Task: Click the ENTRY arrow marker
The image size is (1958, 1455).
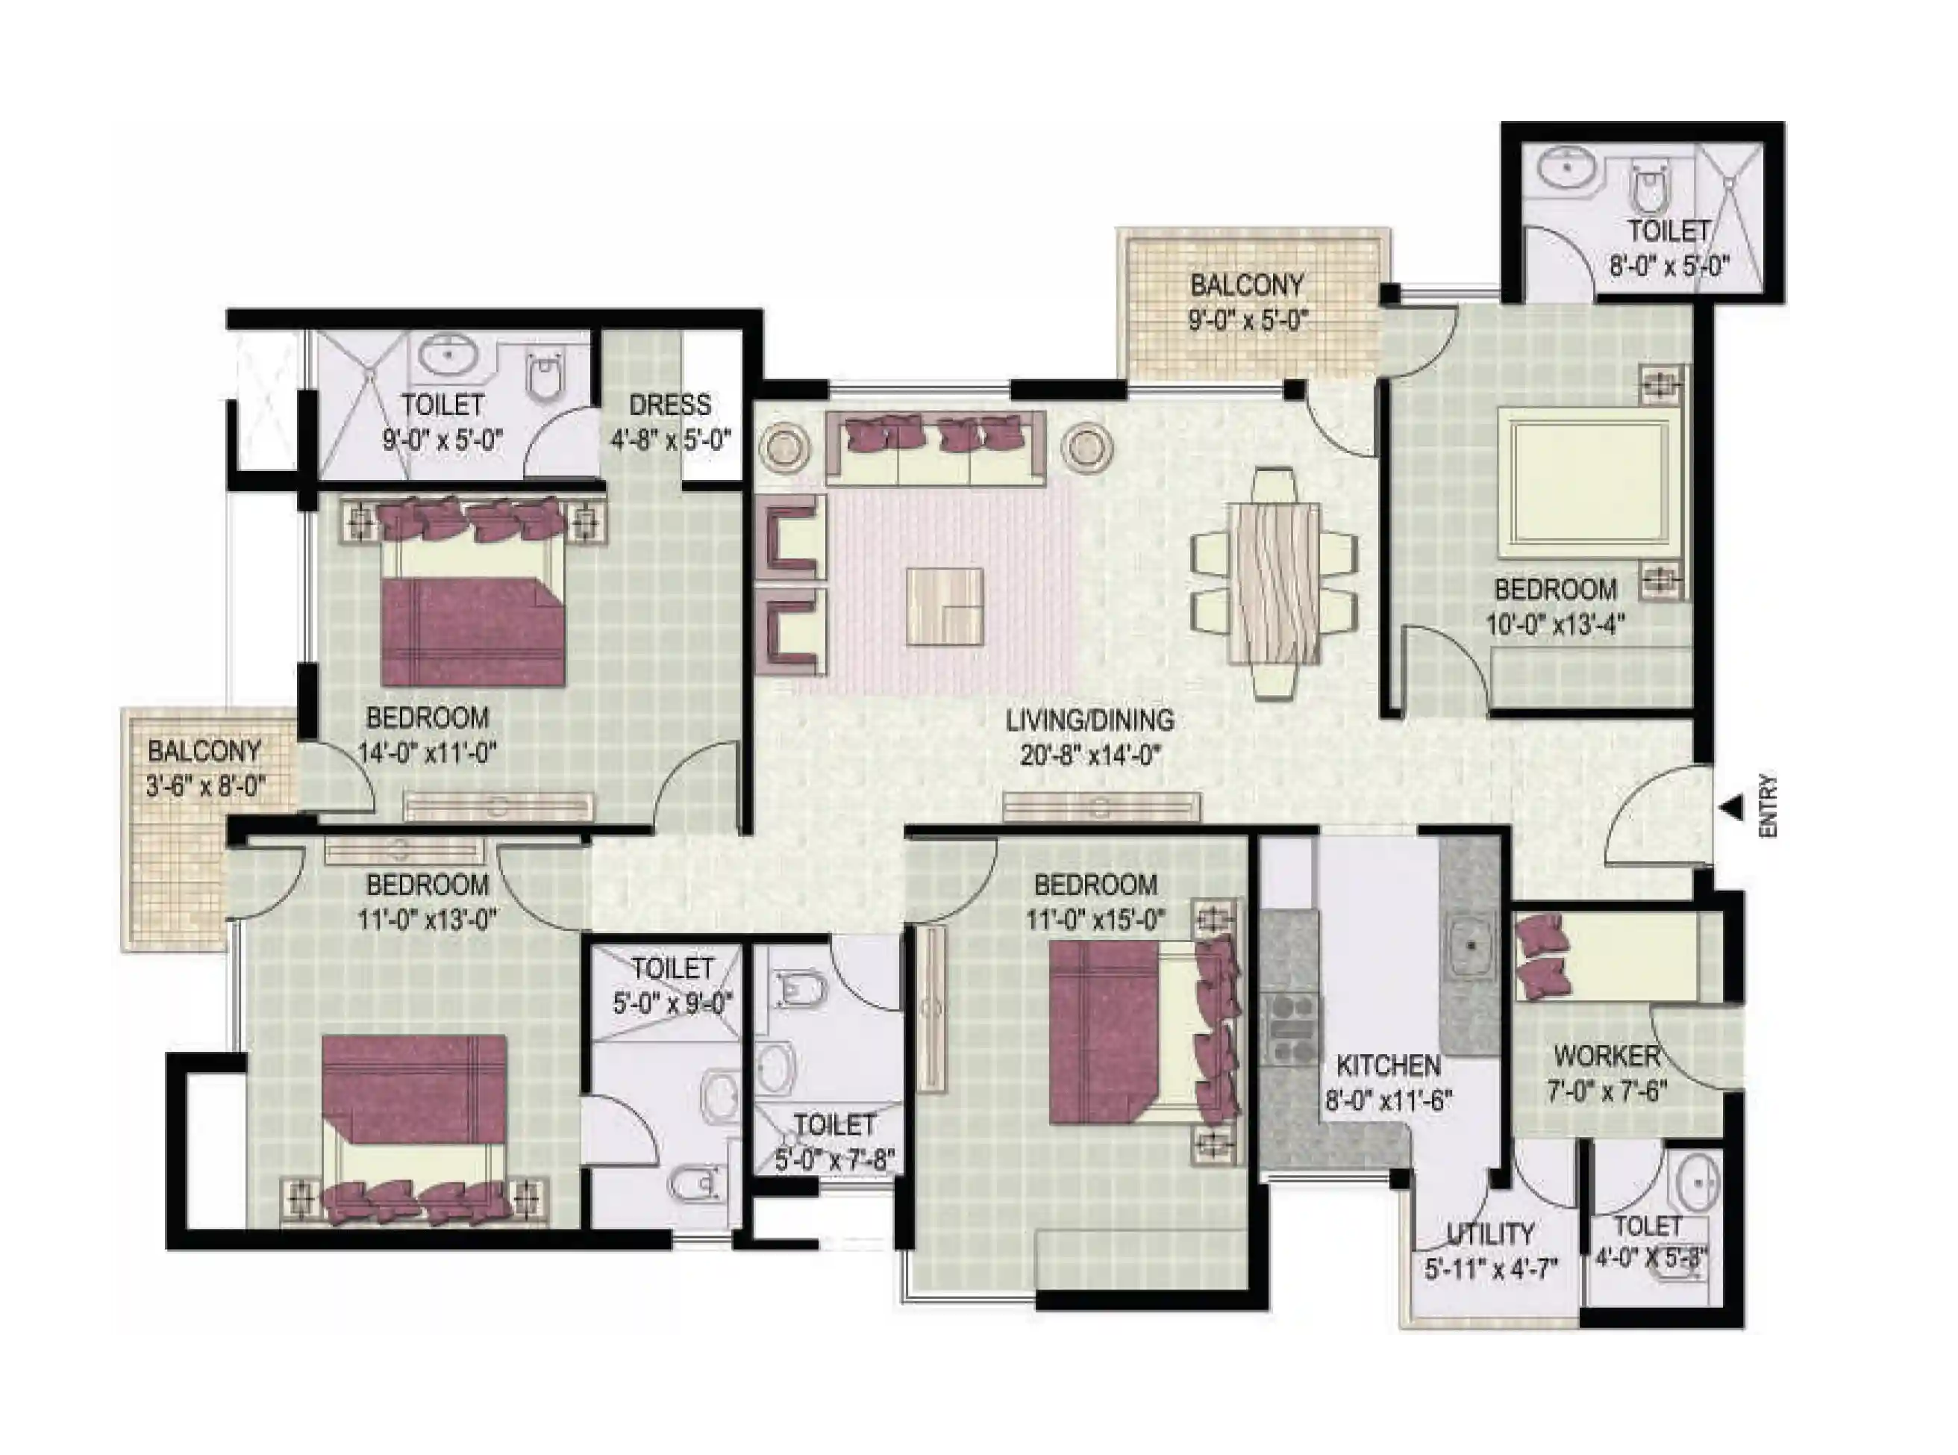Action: click(1732, 808)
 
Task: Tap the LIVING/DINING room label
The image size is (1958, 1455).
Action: click(1090, 720)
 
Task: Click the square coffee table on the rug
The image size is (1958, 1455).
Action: click(945, 606)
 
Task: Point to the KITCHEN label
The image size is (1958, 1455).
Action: click(1389, 1066)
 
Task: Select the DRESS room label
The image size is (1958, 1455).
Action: click(670, 405)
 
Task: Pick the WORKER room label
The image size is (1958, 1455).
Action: click(1607, 1055)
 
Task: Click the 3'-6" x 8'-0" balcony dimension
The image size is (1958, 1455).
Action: click(205, 785)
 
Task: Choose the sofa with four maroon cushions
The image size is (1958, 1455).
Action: click(936, 449)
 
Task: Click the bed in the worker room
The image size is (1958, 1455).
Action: click(1617, 957)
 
